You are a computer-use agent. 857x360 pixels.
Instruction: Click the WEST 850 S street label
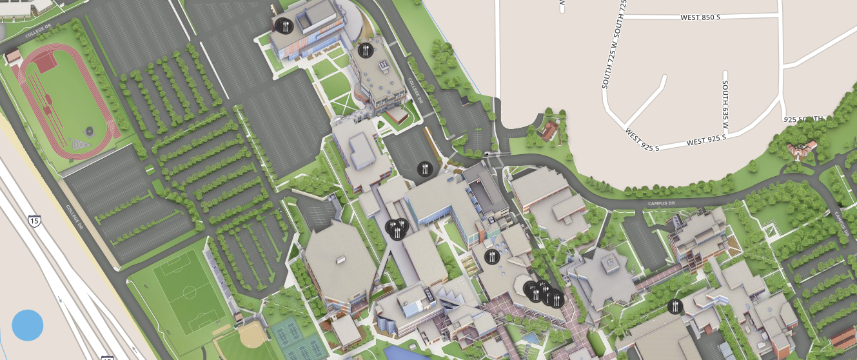700,17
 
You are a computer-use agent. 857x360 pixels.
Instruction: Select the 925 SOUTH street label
803,119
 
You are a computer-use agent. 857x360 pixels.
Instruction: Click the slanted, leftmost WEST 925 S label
642,139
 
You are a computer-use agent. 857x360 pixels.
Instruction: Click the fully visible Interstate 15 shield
34,221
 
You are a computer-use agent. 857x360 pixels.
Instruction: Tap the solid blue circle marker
28,325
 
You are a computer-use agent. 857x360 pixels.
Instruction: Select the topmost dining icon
284,26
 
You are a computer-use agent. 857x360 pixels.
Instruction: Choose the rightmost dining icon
675,306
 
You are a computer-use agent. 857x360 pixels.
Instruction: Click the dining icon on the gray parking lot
424,169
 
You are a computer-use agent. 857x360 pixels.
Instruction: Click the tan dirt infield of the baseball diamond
249,334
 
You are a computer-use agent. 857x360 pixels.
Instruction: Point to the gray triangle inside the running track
80,143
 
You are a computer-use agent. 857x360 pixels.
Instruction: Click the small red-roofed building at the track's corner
13,57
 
